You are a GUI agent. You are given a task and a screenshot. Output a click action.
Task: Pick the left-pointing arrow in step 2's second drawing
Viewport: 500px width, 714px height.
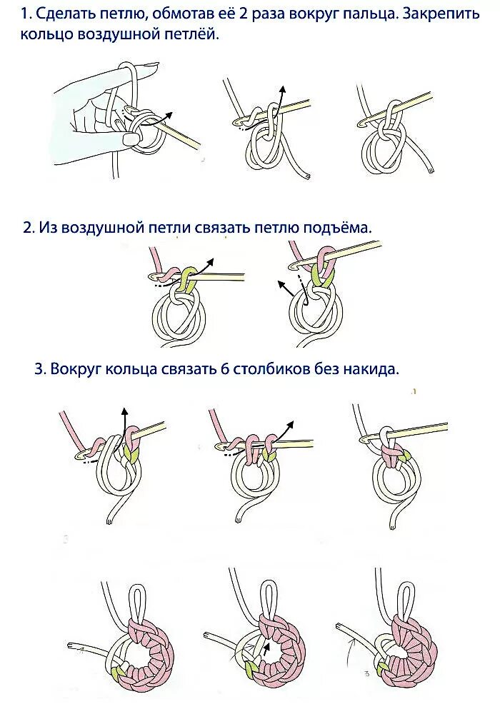pos(286,286)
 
